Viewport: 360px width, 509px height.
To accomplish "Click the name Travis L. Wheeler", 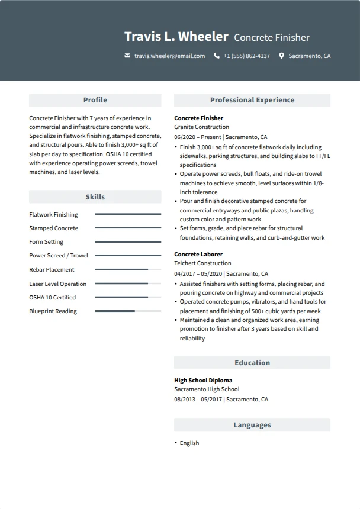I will tap(176, 37).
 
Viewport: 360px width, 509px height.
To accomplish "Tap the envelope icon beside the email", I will tap(127, 56).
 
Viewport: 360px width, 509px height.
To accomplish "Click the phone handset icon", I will tap(217, 56).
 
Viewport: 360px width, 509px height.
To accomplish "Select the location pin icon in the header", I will tap(281, 56).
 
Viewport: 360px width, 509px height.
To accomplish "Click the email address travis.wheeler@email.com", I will tap(169, 56).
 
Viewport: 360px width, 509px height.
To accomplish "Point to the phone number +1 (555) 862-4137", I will tap(246, 56).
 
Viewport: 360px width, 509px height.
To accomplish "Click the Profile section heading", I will tap(95, 100).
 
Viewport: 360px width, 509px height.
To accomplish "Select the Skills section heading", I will tap(95, 197).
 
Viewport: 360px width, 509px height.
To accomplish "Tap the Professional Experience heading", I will tap(252, 100).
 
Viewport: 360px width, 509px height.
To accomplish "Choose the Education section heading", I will tap(252, 363).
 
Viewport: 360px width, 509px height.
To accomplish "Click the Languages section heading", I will tap(252, 425).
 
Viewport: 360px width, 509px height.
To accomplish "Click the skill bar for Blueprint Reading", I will tap(128, 311).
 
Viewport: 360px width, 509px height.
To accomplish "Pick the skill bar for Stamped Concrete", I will tap(128, 228).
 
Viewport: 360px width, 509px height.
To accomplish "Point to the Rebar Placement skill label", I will tap(52, 270).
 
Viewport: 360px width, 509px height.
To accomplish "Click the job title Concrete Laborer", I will tap(198, 254).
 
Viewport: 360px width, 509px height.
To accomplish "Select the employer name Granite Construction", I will tap(201, 127).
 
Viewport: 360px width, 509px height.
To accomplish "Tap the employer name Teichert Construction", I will tap(202, 263).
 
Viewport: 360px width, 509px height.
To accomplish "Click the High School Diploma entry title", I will tap(203, 381).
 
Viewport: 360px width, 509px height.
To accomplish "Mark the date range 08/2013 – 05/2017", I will tap(198, 400).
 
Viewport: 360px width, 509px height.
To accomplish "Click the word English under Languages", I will tap(189, 443).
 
